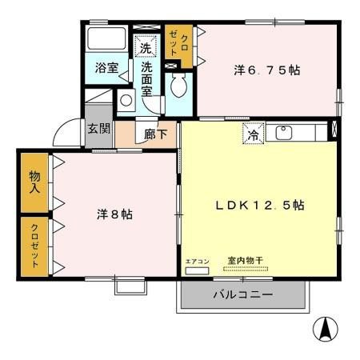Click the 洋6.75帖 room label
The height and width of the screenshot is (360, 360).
(x=267, y=70)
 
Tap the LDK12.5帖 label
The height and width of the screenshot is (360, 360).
(x=260, y=205)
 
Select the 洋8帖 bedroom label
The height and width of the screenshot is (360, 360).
(x=115, y=214)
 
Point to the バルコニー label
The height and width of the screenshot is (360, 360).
(x=242, y=295)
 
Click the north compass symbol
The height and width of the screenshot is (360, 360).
(x=326, y=329)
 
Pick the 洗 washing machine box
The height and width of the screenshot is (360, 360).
(x=146, y=48)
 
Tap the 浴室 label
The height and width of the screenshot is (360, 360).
(x=106, y=68)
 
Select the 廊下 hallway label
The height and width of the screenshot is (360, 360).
(x=156, y=134)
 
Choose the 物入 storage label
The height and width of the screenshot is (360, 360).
(x=35, y=183)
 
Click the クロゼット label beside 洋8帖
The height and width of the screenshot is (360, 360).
(x=35, y=246)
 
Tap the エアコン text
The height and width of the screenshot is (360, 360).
(x=196, y=261)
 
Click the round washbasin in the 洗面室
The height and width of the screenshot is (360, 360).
(x=126, y=101)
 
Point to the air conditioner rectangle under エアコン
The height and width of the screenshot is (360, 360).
(x=196, y=270)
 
